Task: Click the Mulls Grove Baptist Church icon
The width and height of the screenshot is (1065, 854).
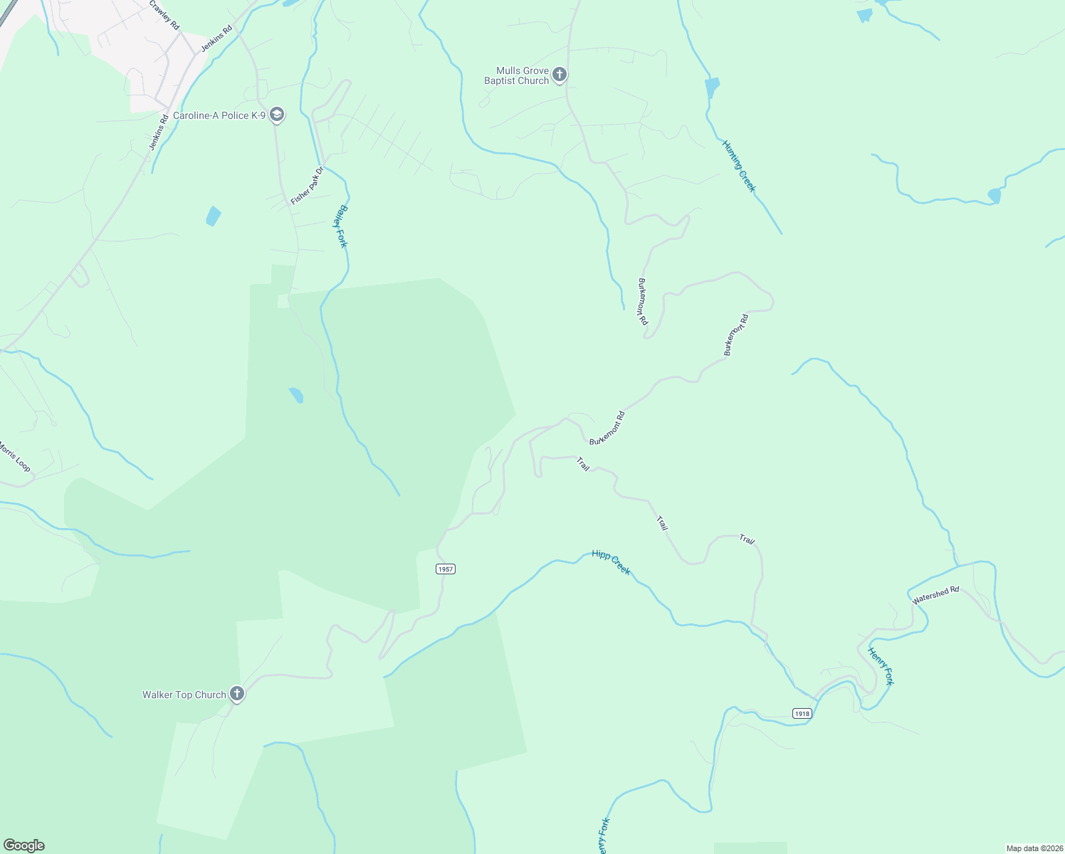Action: click(560, 74)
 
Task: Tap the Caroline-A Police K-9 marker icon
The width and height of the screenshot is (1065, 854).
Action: click(277, 115)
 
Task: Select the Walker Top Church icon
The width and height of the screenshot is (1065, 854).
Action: click(237, 694)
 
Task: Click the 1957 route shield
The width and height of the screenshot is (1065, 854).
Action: click(446, 569)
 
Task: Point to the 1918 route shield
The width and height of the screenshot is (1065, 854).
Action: click(802, 713)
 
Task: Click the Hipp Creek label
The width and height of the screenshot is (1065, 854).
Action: click(611, 562)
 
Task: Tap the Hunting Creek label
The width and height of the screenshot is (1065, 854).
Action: click(738, 166)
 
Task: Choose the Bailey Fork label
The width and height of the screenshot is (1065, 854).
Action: click(342, 226)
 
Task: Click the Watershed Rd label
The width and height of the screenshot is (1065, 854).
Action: click(935, 595)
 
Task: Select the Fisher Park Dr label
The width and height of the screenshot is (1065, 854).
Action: click(307, 186)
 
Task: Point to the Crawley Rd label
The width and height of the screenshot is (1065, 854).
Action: click(165, 14)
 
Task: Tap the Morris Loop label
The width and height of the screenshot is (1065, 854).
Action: click(14, 456)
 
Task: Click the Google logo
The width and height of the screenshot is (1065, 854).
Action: click(23, 845)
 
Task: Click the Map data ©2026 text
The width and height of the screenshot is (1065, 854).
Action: click(1034, 848)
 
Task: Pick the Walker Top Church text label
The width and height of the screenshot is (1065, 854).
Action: click(184, 695)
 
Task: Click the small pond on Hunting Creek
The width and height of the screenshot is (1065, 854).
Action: click(711, 88)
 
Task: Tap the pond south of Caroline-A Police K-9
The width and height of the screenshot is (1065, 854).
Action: click(213, 216)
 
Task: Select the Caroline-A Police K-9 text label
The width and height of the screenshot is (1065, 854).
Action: click(219, 115)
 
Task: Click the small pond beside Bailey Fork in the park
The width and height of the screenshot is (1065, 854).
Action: click(296, 395)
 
